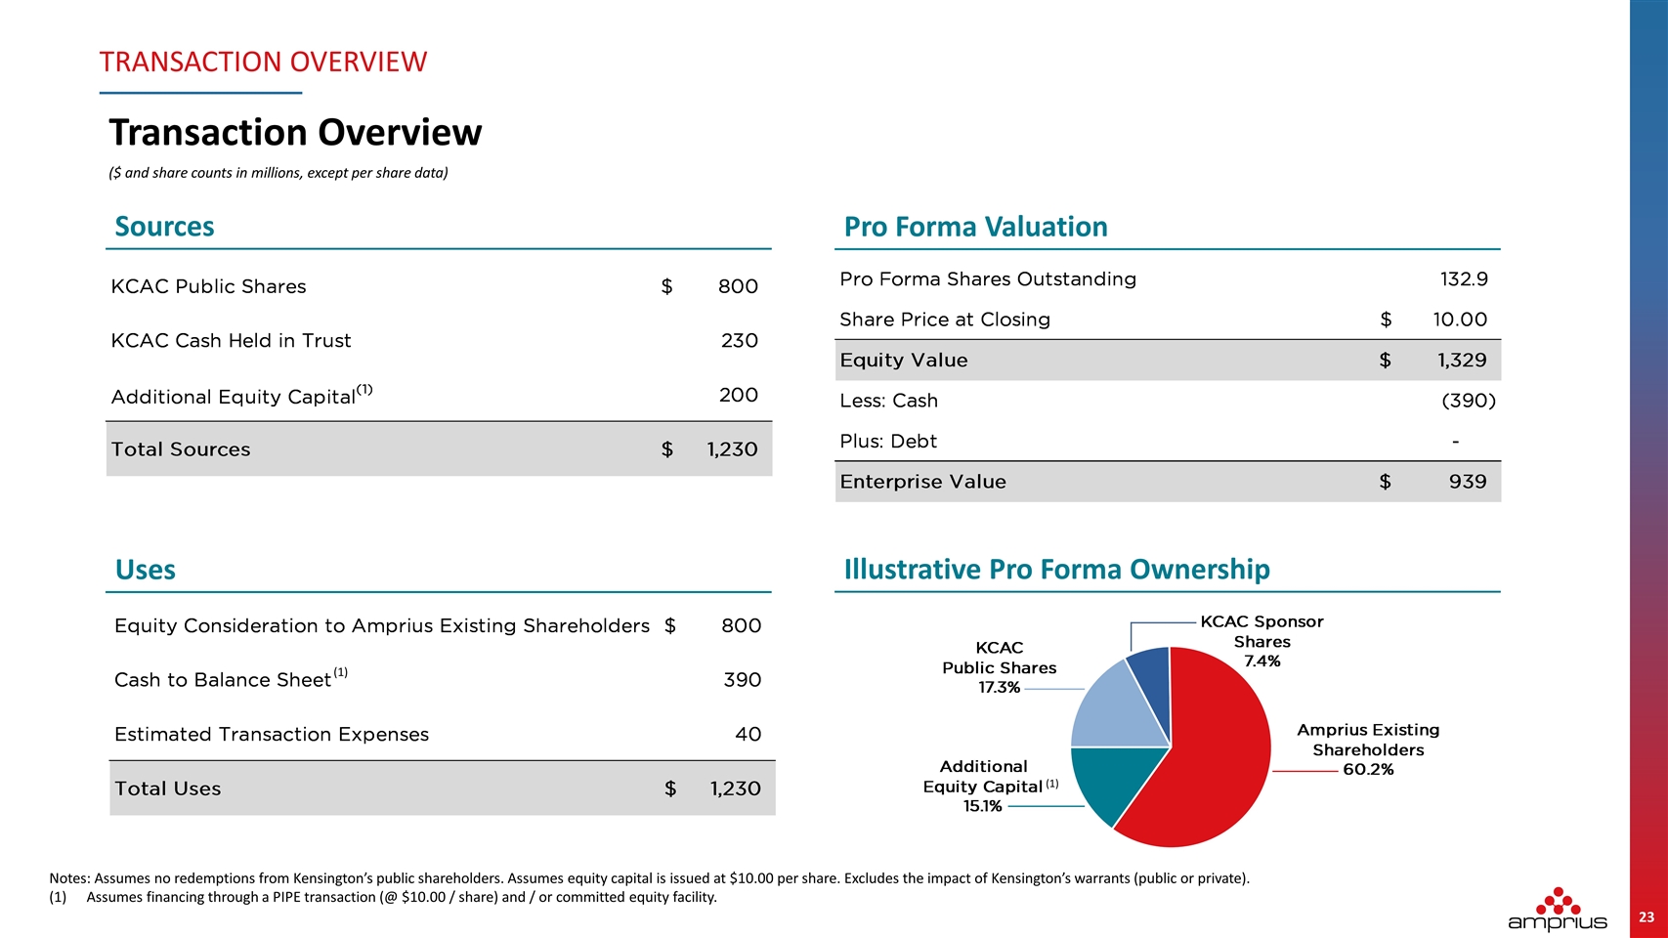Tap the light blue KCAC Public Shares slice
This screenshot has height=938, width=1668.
coord(1113,711)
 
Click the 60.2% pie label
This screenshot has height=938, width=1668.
coord(1368,769)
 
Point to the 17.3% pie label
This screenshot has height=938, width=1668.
coord(999,687)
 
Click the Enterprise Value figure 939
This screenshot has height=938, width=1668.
coord(1468,482)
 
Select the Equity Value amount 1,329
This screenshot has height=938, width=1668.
coord(1462,361)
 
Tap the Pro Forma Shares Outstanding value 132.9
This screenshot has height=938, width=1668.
coord(1464,279)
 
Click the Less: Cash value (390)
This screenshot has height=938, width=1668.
coord(1469,401)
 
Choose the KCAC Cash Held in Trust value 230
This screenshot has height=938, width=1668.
coord(740,341)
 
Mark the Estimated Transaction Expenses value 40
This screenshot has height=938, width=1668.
coord(748,735)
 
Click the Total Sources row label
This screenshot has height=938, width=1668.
coord(180,449)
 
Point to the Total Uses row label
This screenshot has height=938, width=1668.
coord(167,789)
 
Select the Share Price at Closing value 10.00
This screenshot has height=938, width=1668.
coord(1460,320)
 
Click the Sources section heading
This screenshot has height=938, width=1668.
coord(164,227)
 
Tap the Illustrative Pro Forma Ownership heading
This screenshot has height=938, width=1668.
coord(1056,570)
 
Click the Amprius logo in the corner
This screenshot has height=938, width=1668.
coord(1557,909)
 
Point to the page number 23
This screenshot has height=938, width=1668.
coord(1647,917)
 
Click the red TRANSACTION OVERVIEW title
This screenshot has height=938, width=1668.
coord(263,62)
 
